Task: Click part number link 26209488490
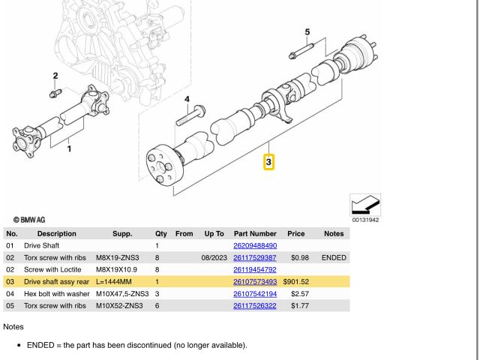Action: pos(255,245)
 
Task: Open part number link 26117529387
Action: pos(255,257)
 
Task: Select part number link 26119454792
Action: pos(255,269)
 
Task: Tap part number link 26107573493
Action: pos(255,281)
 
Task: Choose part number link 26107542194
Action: pos(255,293)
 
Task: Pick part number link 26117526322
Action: pos(255,305)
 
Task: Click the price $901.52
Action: pos(296,281)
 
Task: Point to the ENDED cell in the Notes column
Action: pos(334,257)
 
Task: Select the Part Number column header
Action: pos(255,233)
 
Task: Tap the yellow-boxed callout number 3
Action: pos(268,161)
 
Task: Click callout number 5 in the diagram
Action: pos(307,31)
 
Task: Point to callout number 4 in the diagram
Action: pos(187,99)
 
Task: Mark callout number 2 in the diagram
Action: pos(55,76)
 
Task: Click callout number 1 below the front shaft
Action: pos(70,148)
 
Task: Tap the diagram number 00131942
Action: pos(365,220)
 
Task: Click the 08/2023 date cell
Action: pos(214,257)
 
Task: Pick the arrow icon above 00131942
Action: pos(365,205)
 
